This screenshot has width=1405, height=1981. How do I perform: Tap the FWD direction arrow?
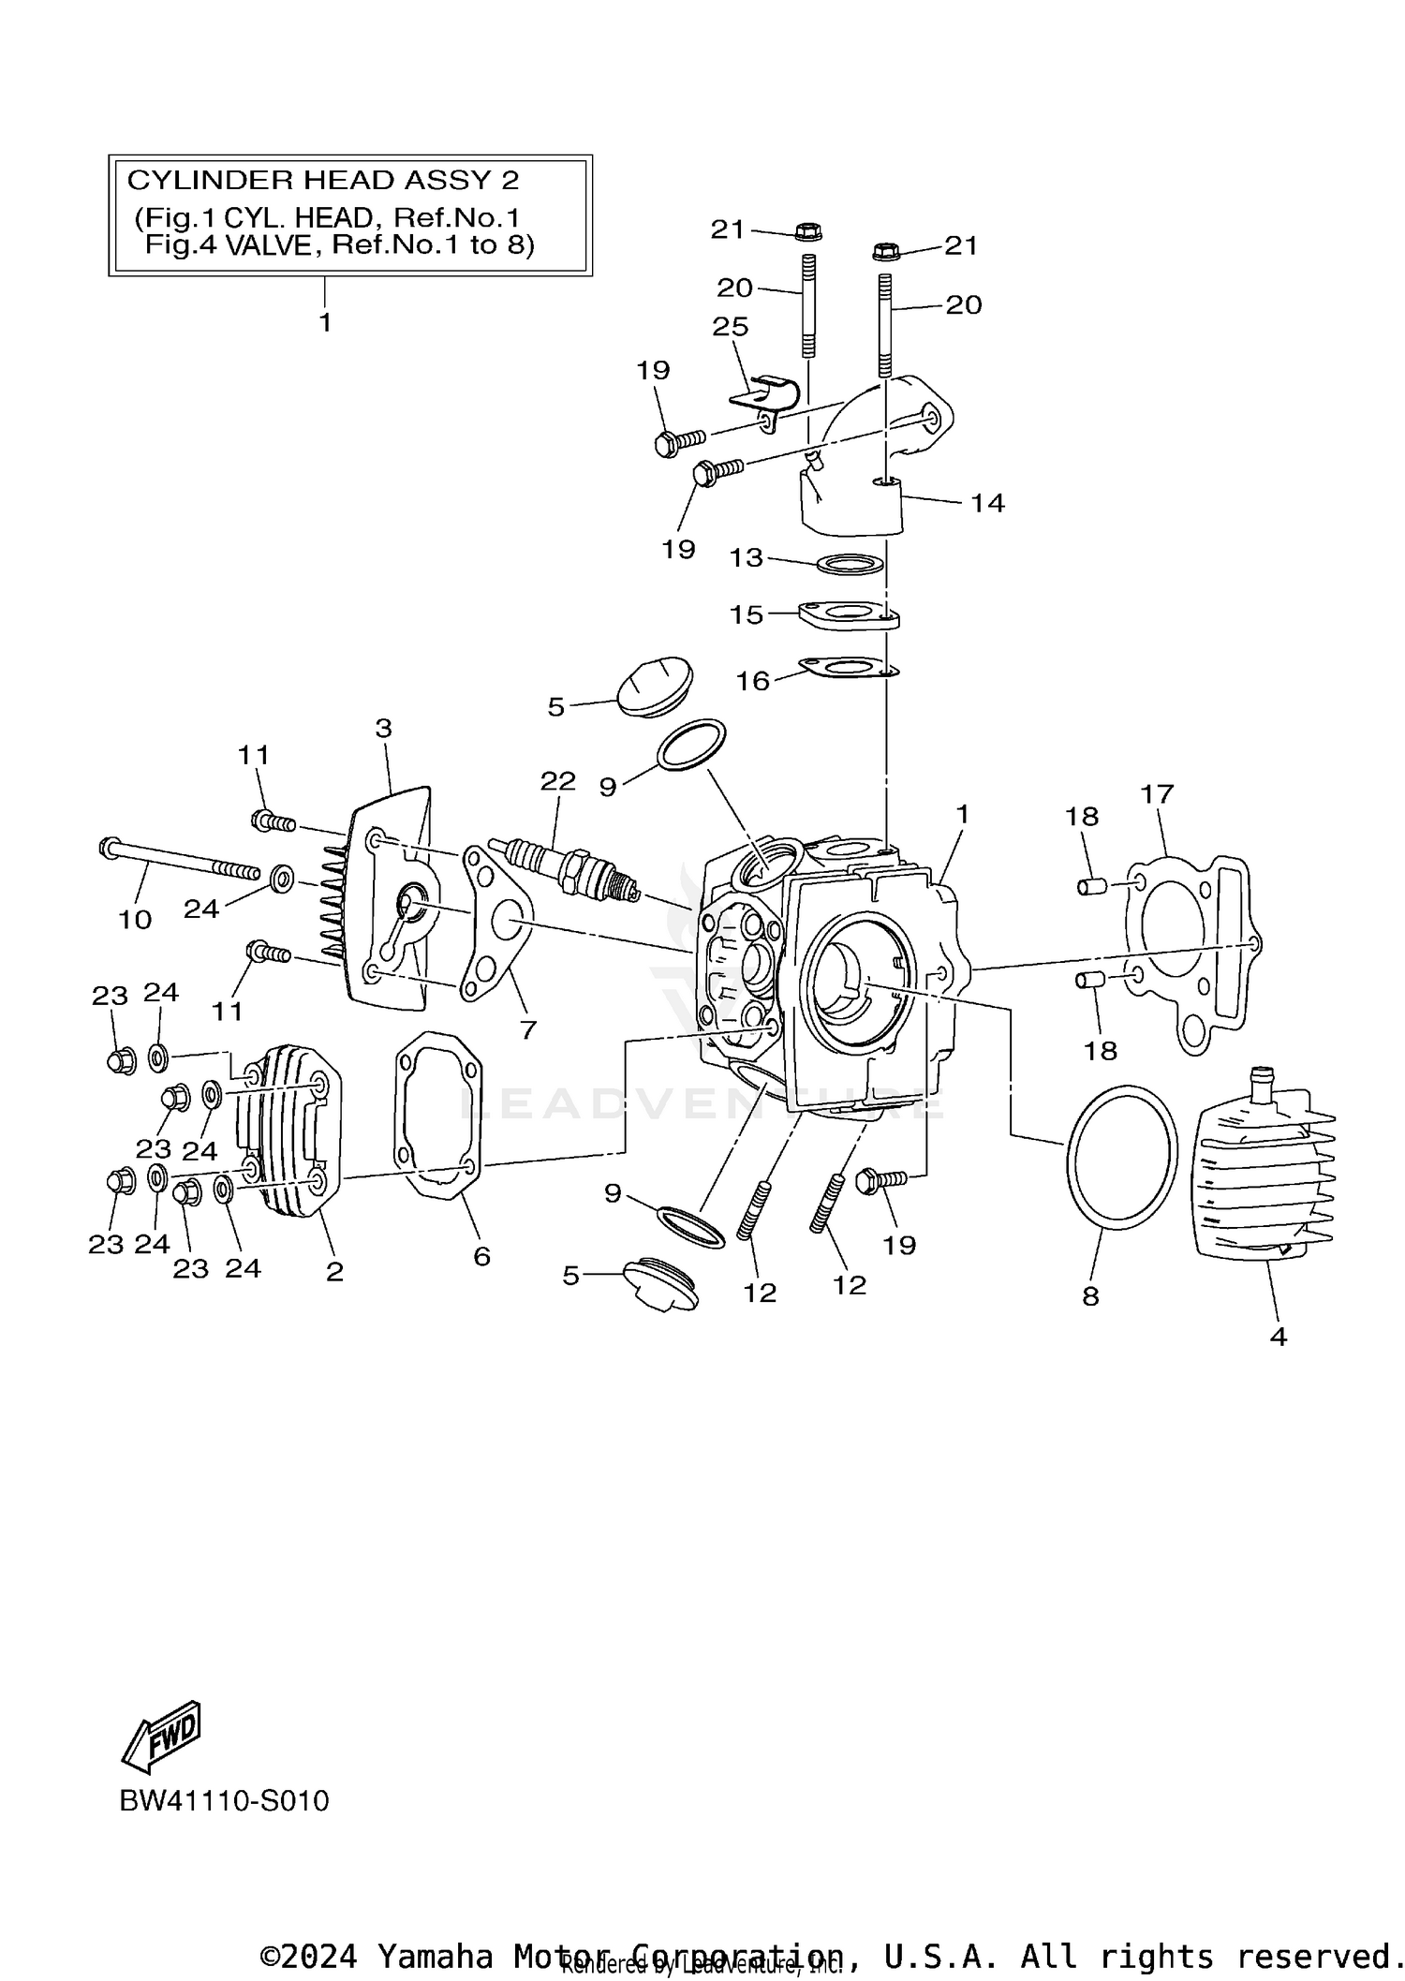pyautogui.click(x=162, y=1735)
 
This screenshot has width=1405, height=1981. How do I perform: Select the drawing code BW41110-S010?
pyautogui.click(x=224, y=1801)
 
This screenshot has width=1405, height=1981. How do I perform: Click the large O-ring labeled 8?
pyautogui.click(x=1121, y=1158)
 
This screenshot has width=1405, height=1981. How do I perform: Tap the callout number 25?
pyautogui.click(x=730, y=326)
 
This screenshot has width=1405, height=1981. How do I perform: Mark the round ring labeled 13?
pyautogui.click(x=850, y=565)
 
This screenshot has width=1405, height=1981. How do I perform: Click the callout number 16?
pyautogui.click(x=752, y=681)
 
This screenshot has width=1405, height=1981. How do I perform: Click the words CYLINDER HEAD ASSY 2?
pyautogui.click(x=323, y=180)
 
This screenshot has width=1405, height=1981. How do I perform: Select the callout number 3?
pyautogui.click(x=383, y=728)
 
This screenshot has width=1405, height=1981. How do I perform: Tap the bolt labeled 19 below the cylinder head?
pyautogui.click(x=880, y=1181)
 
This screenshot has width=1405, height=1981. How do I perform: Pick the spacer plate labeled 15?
pyautogui.click(x=849, y=615)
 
